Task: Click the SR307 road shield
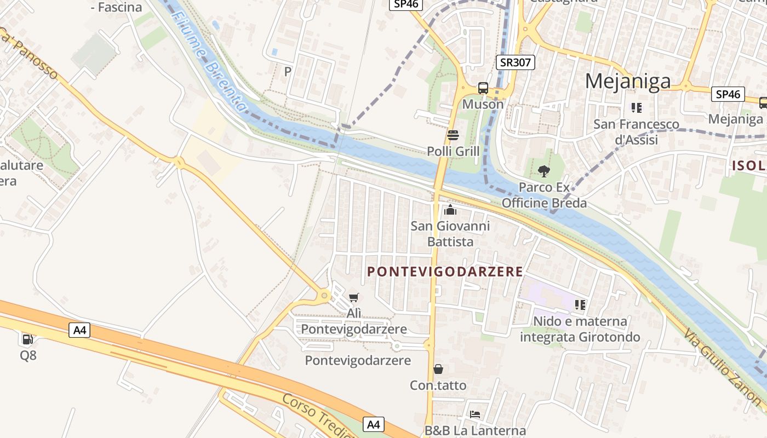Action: click(516, 62)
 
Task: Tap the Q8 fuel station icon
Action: click(27, 339)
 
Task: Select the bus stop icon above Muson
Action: click(483, 88)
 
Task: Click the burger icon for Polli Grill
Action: click(453, 135)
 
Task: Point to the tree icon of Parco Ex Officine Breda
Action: click(543, 171)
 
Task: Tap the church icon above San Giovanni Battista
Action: click(450, 210)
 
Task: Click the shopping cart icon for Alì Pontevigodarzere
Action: click(354, 297)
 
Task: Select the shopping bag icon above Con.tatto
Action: click(438, 369)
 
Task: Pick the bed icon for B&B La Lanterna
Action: click(475, 414)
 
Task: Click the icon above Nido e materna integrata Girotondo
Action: click(580, 304)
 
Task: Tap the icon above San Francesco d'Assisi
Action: click(636, 107)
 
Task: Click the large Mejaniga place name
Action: click(628, 81)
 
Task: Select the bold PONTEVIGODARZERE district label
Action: click(445, 272)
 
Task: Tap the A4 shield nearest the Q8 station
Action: click(79, 330)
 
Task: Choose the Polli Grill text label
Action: click(453, 151)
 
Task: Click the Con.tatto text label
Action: click(438, 385)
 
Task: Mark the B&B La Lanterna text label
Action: click(475, 431)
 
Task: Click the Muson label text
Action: click(483, 104)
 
